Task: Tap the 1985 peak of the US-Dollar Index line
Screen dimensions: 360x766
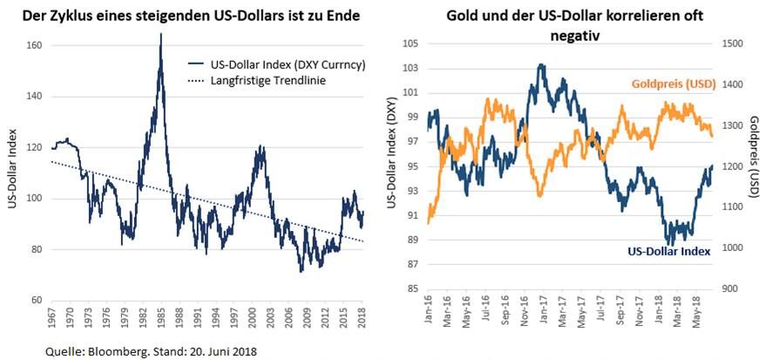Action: [x=160, y=35]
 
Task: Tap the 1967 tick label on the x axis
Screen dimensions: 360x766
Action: [x=52, y=323]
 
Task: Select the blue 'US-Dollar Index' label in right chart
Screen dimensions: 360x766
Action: [x=668, y=250]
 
